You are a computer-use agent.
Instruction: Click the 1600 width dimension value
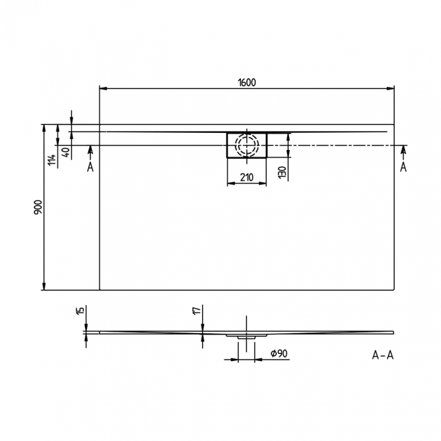click(x=247, y=82)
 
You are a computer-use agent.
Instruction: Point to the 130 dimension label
click(x=282, y=172)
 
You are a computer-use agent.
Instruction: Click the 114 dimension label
click(x=51, y=161)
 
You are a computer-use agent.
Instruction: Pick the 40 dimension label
click(x=66, y=151)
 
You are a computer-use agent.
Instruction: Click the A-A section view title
click(x=383, y=354)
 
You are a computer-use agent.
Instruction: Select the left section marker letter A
click(x=90, y=167)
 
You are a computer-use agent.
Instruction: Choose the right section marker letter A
click(x=403, y=167)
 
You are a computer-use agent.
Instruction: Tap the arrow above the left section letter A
click(x=90, y=150)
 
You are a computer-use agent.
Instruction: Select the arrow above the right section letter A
click(x=403, y=150)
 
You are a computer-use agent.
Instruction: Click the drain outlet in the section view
click(x=246, y=335)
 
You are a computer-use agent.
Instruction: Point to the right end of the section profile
click(x=391, y=332)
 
